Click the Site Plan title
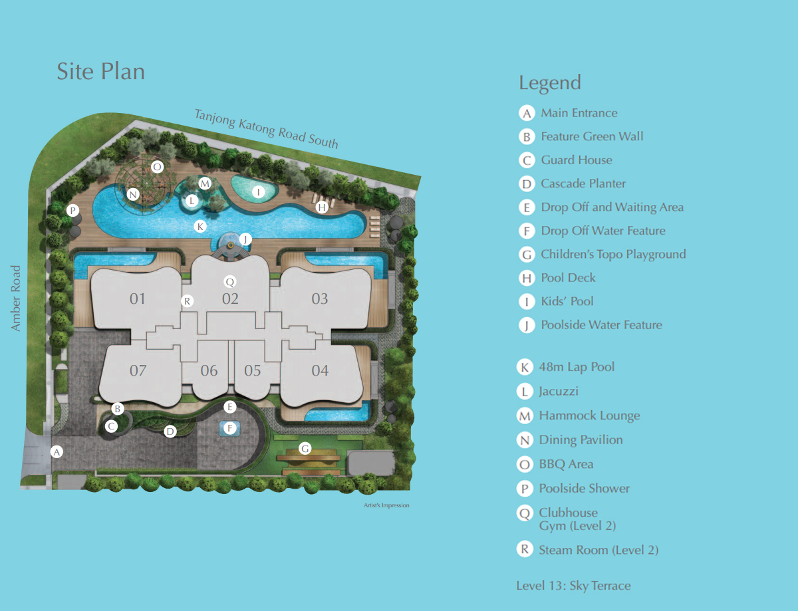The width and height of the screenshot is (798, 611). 100,71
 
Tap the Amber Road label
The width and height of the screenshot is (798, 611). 15,298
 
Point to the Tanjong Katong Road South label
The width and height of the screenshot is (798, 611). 266,129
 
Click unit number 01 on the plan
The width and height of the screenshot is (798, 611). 138,299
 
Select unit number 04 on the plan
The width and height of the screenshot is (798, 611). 320,370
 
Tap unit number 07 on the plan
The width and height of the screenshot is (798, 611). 138,370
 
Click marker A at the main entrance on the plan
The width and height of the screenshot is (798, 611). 57,451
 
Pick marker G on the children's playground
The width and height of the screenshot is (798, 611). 305,448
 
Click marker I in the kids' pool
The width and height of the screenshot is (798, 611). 258,191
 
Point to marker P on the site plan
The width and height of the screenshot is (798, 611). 72,210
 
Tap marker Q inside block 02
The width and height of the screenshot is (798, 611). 230,282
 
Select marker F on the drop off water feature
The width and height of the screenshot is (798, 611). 230,428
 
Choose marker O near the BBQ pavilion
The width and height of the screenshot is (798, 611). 157,167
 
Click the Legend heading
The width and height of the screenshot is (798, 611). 550,83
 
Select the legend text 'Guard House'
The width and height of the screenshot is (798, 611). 577,160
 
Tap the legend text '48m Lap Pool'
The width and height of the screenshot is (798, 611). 577,367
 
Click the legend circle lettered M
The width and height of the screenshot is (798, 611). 525,416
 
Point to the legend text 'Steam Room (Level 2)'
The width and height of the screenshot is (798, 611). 598,550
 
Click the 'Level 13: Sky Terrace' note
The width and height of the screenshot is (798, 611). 573,586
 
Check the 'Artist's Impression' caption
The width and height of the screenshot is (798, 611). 386,505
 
